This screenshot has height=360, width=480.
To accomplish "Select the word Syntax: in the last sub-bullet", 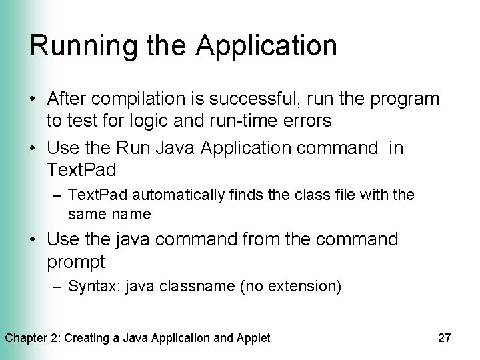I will (90, 287).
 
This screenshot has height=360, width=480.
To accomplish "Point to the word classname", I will (177, 287).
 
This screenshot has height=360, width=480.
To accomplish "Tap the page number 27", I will (445, 338).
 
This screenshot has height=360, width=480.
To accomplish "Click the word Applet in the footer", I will (253, 338).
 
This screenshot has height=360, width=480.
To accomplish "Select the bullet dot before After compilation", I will (33, 101).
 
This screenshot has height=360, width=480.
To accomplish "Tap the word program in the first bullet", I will (407, 100).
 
